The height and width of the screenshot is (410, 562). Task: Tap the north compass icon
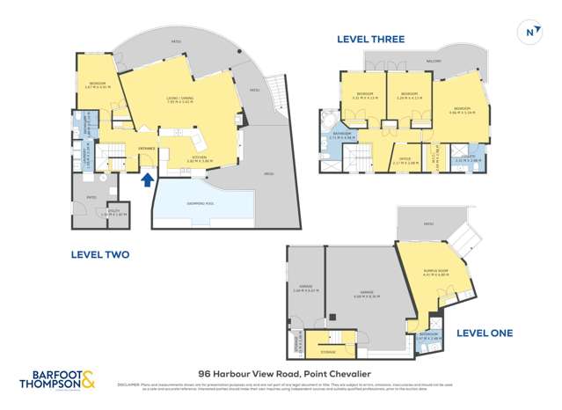pos(529,33)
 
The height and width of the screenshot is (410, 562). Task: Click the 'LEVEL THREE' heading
pos(370,40)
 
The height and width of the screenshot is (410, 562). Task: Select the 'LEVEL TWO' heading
pos(99,254)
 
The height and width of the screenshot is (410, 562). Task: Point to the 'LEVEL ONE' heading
pos(484,333)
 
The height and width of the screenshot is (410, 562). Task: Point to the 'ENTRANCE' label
pos(146,149)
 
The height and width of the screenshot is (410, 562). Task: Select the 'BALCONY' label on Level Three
pos(434,61)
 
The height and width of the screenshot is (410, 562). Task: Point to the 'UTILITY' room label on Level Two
pos(114,211)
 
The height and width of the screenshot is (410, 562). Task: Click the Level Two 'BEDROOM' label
pos(97,83)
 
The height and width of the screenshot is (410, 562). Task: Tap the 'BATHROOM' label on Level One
pos(428,334)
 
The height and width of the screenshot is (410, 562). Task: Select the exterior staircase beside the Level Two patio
pos(275,89)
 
